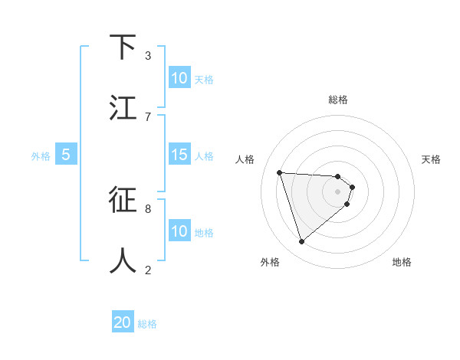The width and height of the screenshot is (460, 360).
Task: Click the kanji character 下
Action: point(123,47)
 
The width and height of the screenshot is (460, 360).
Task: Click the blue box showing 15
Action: point(179,155)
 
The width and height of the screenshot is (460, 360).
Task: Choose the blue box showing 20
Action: point(123,322)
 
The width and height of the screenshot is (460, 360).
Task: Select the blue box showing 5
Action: point(66,155)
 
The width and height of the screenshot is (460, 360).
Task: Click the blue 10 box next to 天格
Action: point(179,78)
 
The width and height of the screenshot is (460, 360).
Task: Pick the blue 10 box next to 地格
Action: point(179,231)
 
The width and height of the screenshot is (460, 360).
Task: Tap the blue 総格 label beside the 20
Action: point(147,324)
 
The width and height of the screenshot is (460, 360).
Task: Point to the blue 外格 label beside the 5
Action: point(41,156)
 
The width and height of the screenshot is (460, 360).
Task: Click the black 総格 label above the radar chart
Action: point(338,100)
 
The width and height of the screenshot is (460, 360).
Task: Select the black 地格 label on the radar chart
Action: point(402,262)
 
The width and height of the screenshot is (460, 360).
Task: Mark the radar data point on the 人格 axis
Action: point(280,172)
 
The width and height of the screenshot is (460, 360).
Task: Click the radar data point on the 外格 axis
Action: point(301,242)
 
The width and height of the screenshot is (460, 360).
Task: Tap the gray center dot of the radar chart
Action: point(338,191)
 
